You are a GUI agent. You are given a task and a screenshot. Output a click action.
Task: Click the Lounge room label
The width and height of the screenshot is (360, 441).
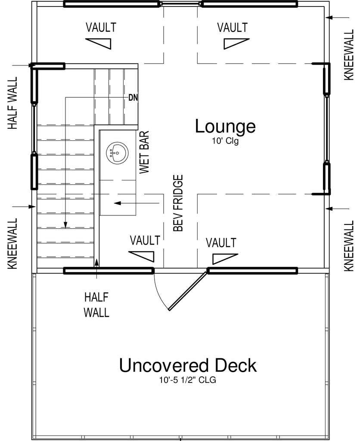click(x=225, y=127)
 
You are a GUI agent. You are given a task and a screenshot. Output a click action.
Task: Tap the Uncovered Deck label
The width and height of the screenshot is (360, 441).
click(x=188, y=365)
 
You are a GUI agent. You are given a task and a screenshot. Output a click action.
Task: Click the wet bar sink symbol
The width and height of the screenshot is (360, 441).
click(x=117, y=153)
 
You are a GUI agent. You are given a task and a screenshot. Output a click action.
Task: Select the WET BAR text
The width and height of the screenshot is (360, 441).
click(x=144, y=152)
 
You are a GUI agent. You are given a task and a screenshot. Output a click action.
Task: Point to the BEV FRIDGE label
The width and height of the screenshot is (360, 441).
click(x=178, y=203)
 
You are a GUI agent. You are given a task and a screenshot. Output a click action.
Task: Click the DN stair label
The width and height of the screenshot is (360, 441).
click(x=133, y=98)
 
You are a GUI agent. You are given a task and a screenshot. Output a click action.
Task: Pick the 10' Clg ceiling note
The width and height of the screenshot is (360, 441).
click(x=225, y=141)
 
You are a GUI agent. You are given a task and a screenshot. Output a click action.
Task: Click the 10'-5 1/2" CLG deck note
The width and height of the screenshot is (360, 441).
click(x=188, y=380)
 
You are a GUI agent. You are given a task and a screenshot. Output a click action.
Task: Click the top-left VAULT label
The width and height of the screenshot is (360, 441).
click(x=101, y=28)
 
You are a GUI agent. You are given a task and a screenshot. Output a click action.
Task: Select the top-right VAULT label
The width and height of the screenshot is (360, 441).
click(x=232, y=28)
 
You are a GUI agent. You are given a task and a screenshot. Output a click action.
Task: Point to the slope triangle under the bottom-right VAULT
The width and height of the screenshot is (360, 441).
click(x=225, y=259)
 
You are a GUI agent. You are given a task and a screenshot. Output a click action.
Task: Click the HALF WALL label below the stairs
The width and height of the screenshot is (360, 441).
click(x=96, y=305)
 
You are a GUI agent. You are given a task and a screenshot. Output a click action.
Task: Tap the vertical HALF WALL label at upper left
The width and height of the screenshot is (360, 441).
click(x=12, y=103)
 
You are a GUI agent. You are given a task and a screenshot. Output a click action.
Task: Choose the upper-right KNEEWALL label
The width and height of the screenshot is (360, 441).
click(x=349, y=55)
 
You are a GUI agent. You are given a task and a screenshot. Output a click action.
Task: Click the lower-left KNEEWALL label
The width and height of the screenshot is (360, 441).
click(x=12, y=244)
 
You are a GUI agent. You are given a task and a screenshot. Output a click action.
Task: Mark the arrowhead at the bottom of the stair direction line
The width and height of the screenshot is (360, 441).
click(x=65, y=225)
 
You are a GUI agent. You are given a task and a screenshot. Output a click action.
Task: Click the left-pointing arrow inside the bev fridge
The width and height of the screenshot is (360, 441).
click(x=137, y=203)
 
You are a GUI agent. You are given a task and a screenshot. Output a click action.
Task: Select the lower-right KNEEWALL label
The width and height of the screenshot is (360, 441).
click(x=349, y=245)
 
